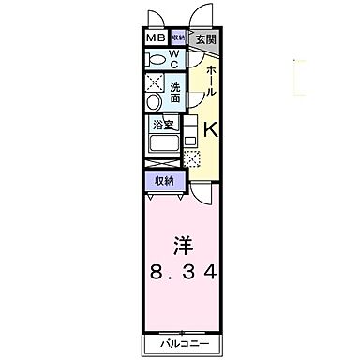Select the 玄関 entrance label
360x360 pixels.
(x=205, y=38)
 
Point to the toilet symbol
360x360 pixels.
(x=155, y=59)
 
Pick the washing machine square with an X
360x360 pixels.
(x=155, y=82)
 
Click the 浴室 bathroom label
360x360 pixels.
(x=164, y=123)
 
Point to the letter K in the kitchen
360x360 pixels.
(x=211, y=131)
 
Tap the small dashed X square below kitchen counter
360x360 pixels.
(x=191, y=157)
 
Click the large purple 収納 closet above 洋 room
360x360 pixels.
(x=161, y=181)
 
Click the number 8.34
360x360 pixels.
(x=184, y=274)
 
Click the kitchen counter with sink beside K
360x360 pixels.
(x=190, y=131)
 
